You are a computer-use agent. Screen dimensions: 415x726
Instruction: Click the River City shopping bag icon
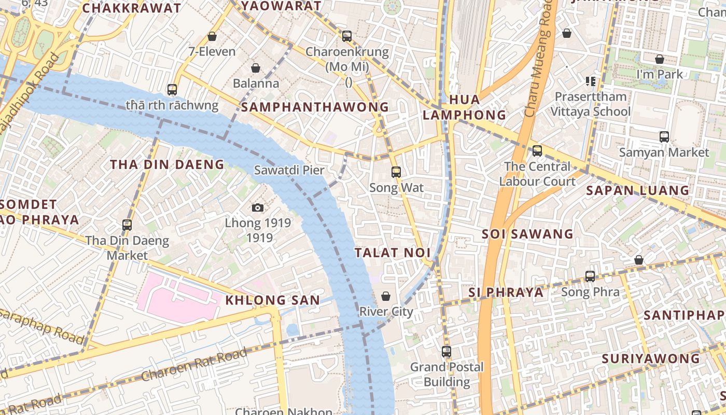click(386, 296)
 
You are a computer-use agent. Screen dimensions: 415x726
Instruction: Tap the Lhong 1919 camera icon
click(258, 208)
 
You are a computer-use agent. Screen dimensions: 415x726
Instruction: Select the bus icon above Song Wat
click(396, 172)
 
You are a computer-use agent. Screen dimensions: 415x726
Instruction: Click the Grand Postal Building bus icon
click(446, 352)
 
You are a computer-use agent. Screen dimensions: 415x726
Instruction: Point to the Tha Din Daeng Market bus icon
click(127, 225)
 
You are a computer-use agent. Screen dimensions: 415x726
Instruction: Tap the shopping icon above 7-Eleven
click(212, 36)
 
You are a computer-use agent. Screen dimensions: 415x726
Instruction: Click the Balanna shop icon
click(256, 68)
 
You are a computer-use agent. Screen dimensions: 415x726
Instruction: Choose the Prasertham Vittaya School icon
click(590, 81)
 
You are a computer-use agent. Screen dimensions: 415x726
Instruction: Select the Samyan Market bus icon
click(664, 137)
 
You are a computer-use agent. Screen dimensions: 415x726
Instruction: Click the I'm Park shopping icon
click(660, 59)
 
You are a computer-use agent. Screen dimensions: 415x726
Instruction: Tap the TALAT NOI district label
click(393, 253)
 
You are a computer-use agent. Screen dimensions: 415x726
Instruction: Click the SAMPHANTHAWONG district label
click(315, 107)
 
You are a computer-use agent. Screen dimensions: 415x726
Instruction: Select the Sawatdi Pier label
click(289, 170)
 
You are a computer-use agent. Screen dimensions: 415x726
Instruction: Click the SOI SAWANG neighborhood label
click(527, 234)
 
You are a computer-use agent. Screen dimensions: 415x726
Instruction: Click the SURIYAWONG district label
click(650, 359)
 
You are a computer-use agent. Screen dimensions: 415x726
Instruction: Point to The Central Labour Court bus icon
click(537, 151)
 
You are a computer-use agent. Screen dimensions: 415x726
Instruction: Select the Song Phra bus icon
click(590, 276)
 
